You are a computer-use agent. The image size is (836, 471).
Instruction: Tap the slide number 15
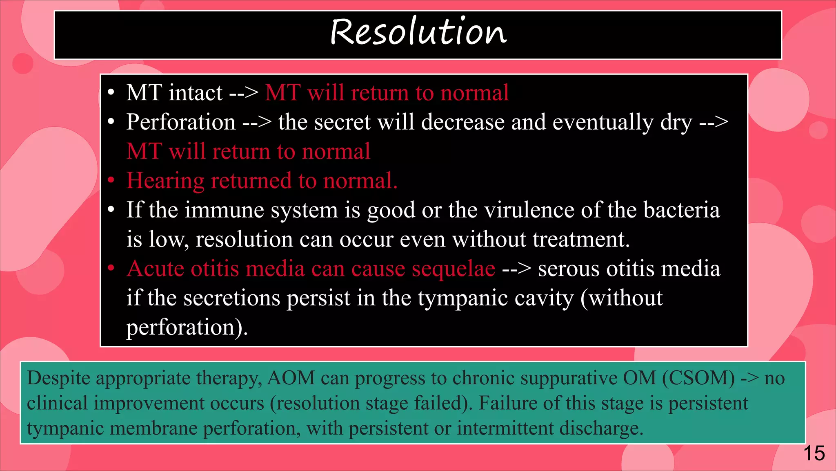tap(814, 453)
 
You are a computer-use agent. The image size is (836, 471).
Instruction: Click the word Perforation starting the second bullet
tap(181, 122)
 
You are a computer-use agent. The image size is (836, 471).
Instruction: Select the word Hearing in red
tap(165, 181)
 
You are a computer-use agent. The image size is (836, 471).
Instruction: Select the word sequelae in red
tap(453, 269)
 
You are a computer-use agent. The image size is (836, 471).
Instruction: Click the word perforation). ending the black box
tap(187, 327)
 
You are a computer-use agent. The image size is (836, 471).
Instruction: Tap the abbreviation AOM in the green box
tap(291, 378)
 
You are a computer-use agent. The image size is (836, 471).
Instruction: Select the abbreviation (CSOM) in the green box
tap(698, 378)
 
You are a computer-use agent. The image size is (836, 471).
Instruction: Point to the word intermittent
tap(505, 428)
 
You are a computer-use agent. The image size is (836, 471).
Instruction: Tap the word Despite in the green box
tap(58, 379)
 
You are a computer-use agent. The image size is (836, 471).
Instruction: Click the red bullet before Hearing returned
tap(111, 181)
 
